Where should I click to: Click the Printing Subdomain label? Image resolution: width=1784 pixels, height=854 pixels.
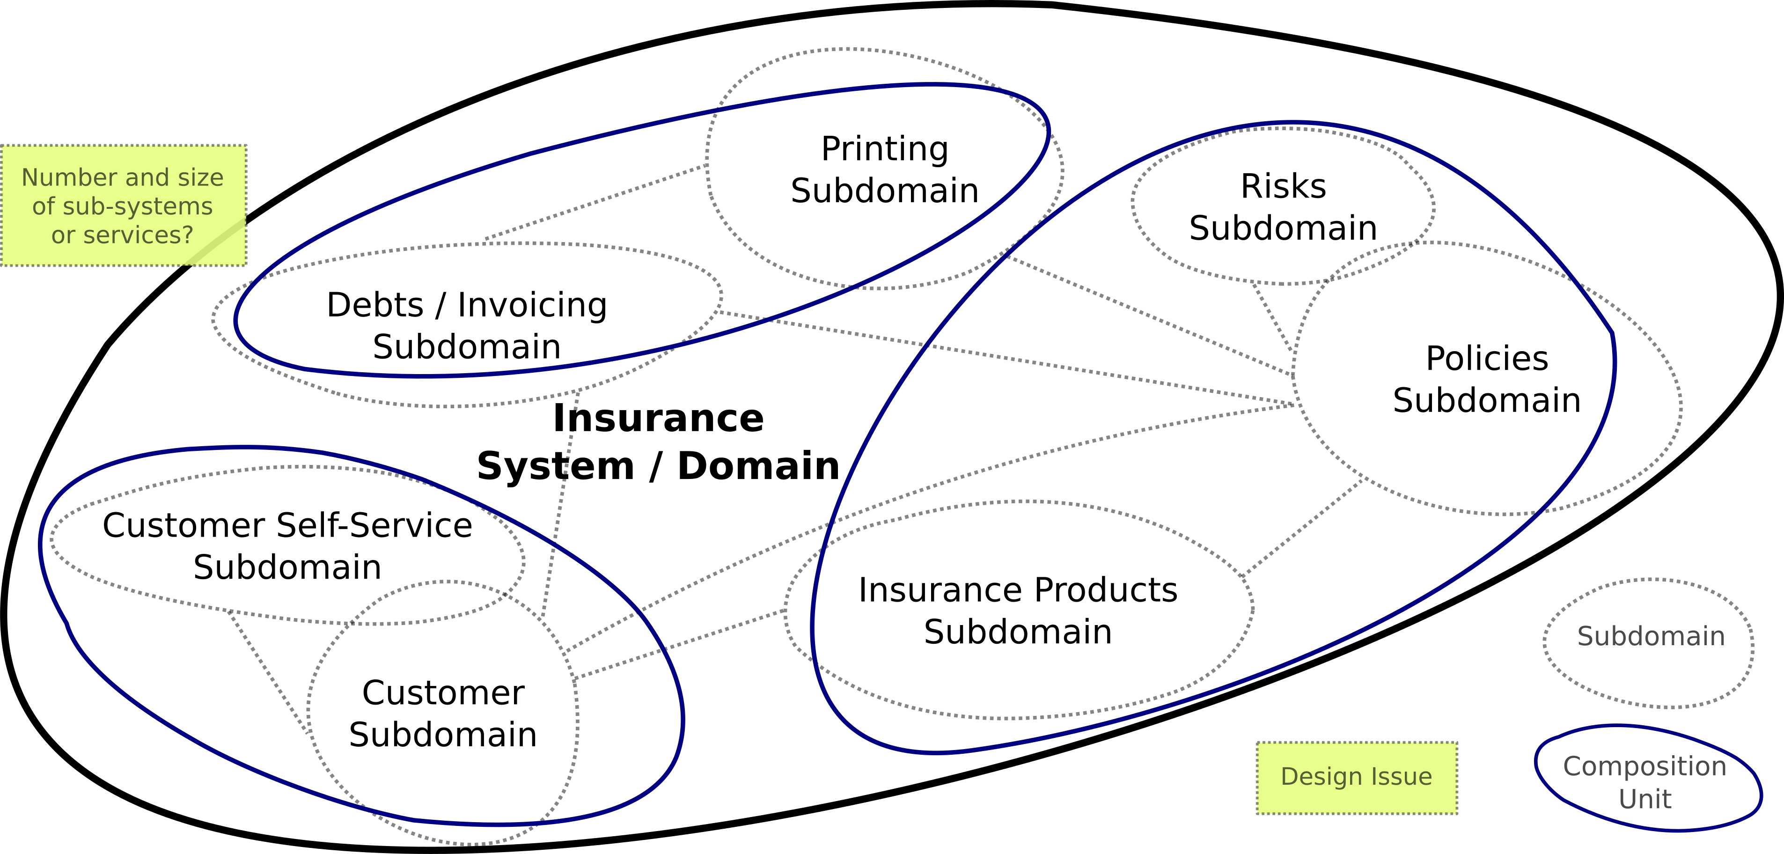[x=884, y=169]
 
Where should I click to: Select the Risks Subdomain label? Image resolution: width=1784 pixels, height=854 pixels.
[x=1283, y=207]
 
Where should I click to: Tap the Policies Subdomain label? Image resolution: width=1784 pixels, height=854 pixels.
[x=1487, y=380]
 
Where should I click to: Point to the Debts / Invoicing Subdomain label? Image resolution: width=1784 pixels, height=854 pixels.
[x=467, y=325]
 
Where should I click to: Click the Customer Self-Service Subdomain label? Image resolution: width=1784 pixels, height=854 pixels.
[x=287, y=546]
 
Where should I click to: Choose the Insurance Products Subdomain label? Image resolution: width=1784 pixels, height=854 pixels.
[x=1018, y=611]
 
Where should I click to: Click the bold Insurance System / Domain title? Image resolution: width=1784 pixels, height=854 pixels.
[x=658, y=442]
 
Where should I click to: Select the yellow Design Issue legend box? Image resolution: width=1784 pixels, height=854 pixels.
[x=1357, y=778]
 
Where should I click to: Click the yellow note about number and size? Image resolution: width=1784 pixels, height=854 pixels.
[x=123, y=206]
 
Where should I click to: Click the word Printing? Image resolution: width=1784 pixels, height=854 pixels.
[x=884, y=149]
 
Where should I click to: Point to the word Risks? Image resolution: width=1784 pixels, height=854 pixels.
[x=1283, y=186]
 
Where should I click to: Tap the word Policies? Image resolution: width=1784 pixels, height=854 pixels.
[x=1487, y=359]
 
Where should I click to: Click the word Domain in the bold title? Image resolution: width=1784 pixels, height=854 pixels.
[x=758, y=465]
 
